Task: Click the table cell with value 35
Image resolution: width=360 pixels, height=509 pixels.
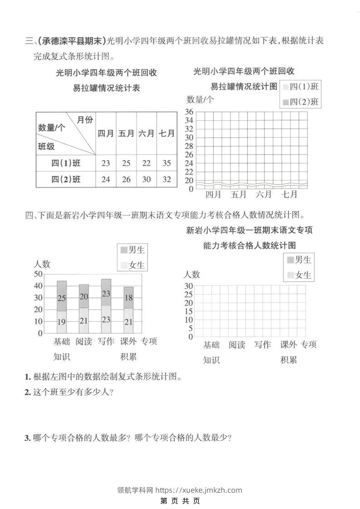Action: tap(167, 163)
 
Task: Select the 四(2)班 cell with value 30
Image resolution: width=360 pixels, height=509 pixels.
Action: tap(146, 179)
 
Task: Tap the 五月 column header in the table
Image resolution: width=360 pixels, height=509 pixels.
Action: tap(126, 133)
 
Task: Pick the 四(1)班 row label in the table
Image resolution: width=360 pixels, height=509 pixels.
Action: tap(66, 163)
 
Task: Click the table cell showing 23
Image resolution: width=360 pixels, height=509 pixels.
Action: tap(106, 163)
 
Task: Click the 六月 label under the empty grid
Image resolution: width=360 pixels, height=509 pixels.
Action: tap(263, 195)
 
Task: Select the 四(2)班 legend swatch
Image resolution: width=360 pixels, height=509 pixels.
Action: tap(285, 102)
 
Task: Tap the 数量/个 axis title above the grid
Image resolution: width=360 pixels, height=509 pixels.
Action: tap(200, 100)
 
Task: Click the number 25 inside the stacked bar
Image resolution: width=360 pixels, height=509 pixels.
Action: tap(62, 298)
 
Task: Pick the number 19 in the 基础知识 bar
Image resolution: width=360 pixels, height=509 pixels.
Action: tap(62, 322)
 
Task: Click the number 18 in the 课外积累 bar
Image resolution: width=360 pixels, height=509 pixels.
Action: tap(128, 298)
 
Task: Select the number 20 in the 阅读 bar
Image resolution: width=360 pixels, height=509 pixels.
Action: tap(84, 297)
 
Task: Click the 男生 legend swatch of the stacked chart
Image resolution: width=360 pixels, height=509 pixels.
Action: tap(124, 250)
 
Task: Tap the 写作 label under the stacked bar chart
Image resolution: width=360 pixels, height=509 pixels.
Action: tap(106, 342)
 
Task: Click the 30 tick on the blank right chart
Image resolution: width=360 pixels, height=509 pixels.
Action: tap(188, 286)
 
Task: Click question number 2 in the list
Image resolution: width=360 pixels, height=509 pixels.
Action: tap(28, 392)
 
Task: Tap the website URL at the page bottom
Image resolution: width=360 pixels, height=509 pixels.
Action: tap(198, 490)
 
